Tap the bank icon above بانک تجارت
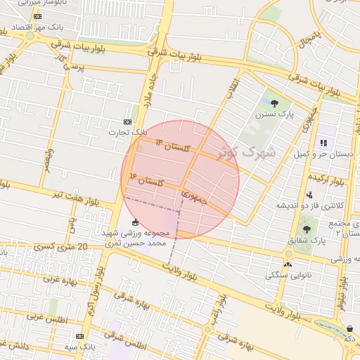pyautogui.click(x=127, y=121)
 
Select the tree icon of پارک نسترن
pyautogui.click(x=284, y=102)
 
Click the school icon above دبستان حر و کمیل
pyautogui.click(x=323, y=143)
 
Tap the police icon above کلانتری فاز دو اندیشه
pyautogui.click(x=309, y=195)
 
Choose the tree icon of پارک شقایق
pyautogui.click(x=306, y=229)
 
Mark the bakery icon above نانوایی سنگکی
pyautogui.click(x=287, y=264)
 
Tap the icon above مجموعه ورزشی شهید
pyautogui.click(x=135, y=223)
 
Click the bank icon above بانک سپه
pyautogui.click(x=79, y=336)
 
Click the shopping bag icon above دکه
pyautogui.click(x=350, y=328)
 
